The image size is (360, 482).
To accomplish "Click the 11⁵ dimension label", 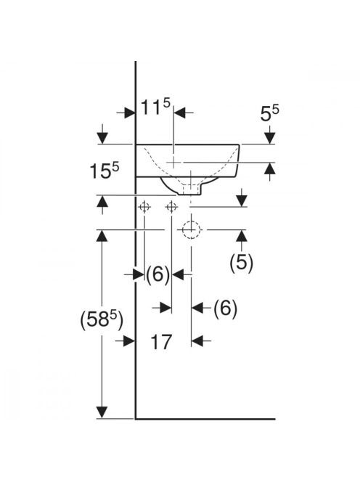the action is click(155, 107).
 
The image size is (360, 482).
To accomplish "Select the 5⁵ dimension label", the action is click(269, 113).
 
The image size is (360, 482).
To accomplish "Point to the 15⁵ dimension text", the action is click(105, 171).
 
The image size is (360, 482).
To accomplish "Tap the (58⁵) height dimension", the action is click(102, 319).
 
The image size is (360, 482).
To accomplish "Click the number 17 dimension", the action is click(161, 342).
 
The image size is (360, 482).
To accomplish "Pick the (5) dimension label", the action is click(242, 263).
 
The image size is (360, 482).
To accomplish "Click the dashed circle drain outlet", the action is click(191, 229).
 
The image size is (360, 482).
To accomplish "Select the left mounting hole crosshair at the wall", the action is click(144, 207).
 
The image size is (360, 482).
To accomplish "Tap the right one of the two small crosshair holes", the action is click(171, 207).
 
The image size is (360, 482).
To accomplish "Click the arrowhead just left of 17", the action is click(129, 340).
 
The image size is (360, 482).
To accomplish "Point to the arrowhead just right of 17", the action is click(197, 340).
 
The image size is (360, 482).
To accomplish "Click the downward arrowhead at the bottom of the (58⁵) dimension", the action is click(102, 412).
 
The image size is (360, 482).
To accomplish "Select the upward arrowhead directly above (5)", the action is click(242, 236).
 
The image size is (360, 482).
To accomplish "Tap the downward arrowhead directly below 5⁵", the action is click(270, 138).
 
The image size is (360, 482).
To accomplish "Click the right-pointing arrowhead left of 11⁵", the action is click(129, 113).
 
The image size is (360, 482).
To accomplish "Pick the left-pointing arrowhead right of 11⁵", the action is click(180, 113).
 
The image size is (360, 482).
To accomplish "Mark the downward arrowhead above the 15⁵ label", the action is click(102, 138).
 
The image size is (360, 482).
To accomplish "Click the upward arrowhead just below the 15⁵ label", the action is click(102, 202).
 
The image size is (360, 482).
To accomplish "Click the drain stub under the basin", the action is click(190, 189).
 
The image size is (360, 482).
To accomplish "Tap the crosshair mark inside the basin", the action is click(174, 162).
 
